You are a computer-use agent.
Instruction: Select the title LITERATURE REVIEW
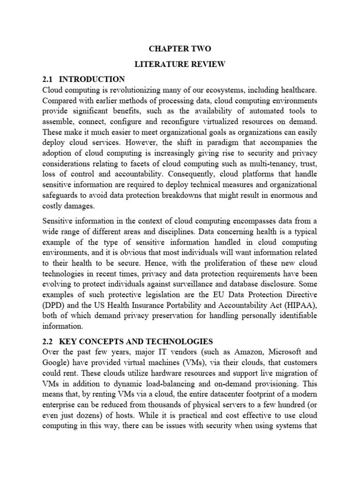(180, 64)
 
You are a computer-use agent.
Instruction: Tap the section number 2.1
(49, 79)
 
